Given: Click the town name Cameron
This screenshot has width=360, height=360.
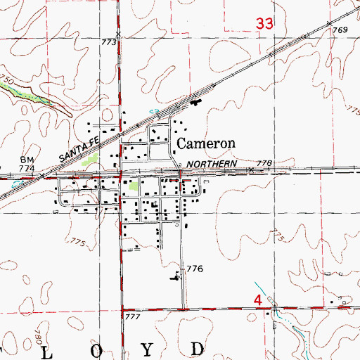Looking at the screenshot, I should coord(205,143).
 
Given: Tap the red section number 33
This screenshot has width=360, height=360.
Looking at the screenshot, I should coord(264,24).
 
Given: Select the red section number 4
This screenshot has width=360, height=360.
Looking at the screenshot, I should coord(258,300).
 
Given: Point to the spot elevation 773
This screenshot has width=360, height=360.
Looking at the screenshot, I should coord(108,43).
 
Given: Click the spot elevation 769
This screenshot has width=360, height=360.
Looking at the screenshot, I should coord(340,30).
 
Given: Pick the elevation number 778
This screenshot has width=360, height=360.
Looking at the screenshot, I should coord(264,163).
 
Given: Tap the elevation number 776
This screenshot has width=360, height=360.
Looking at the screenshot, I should coord(194,269).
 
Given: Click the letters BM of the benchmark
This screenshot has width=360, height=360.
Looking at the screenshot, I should coord(27,160).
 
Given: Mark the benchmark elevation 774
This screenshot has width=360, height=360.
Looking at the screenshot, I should coord(27,169).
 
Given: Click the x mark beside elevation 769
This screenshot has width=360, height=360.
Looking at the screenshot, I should coord(330,24).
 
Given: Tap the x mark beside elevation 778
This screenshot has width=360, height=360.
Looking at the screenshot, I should coord(250,169).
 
